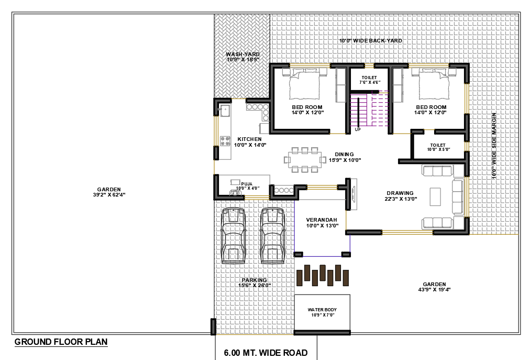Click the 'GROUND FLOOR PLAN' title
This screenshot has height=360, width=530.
(61, 342)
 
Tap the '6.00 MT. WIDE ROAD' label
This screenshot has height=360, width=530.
(266, 353)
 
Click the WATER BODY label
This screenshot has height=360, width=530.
(322, 312)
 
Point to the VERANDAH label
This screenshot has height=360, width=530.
(322, 223)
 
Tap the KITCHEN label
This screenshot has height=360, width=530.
(250, 142)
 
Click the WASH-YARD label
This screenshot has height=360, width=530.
(242, 57)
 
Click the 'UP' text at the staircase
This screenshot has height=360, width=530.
(358, 129)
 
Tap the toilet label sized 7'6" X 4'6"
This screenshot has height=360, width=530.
(369, 80)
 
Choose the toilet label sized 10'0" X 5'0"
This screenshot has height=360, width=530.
(438, 147)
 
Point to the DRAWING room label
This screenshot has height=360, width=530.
(400, 195)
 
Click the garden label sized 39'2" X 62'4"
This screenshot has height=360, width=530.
(109, 192)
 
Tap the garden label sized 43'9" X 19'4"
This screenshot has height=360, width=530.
(434, 287)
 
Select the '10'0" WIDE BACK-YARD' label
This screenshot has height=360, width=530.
(370, 40)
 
